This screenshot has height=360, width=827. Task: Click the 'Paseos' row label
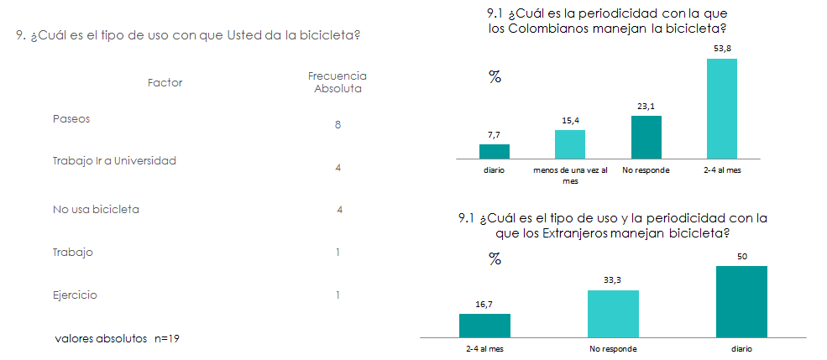pos(71,118)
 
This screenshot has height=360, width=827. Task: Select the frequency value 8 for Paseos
pos(338,125)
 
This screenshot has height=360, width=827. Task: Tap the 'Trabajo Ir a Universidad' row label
pos(114,161)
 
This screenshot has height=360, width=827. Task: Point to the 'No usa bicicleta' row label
pos(96,209)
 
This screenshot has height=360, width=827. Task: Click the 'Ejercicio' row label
pos(75,295)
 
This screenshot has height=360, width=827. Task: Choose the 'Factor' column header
pos(165,83)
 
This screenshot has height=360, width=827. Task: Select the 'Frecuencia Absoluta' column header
pos(338,83)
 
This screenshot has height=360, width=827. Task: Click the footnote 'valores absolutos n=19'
pos(117,338)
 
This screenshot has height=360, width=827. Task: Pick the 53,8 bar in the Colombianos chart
pos(722,108)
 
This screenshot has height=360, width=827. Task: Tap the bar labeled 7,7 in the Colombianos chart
pos(495,151)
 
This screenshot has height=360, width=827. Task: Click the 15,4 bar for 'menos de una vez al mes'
pos(570,143)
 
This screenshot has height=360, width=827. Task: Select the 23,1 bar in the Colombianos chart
pos(646,137)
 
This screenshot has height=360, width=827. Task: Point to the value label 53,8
pos(722,49)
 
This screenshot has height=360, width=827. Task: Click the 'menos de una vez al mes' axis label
pos(570,175)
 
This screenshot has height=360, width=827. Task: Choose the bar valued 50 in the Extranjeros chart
pos(741,301)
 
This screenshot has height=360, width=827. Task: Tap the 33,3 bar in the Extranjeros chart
pos(614,314)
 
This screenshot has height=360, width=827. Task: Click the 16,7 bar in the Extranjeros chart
pos(484,326)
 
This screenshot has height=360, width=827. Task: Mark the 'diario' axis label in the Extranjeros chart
pos(741,349)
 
